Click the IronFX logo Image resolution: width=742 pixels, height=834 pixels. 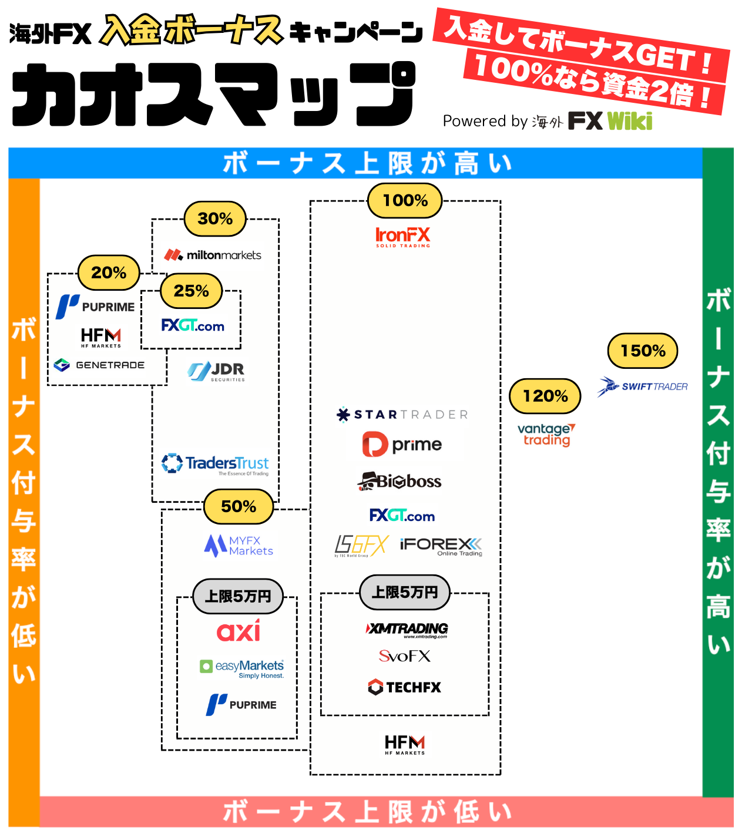coord(403,237)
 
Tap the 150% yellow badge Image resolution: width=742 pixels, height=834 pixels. coord(642,351)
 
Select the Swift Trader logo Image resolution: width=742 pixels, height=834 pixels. coord(643,386)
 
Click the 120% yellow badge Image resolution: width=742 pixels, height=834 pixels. coord(545,396)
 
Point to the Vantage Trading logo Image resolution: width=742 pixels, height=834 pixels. coord(546,435)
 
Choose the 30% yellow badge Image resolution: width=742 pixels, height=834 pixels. coord(215,219)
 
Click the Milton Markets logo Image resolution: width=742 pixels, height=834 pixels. coord(213,255)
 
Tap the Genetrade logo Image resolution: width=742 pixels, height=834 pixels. coord(99,365)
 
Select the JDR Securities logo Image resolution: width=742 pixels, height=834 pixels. coord(217,371)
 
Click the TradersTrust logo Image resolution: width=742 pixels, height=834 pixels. coord(216,464)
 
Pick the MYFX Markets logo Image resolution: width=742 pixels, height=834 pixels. coord(239,546)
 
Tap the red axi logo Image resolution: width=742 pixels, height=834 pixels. coord(239,631)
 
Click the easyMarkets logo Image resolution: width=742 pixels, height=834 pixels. coord(242,667)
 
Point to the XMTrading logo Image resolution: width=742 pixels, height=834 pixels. coord(407,630)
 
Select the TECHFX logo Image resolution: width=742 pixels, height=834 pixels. coord(404,687)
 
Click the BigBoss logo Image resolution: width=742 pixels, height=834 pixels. coord(399,481)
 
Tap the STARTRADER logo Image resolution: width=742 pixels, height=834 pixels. coord(402,415)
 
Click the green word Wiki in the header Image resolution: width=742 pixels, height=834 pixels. coord(630,121)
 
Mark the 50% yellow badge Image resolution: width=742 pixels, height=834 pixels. coord(239,507)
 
